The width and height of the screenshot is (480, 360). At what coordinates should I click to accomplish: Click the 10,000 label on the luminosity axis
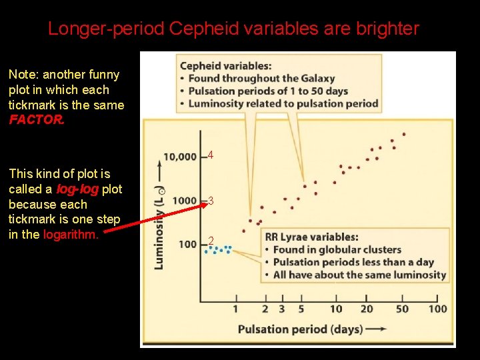click(x=180, y=157)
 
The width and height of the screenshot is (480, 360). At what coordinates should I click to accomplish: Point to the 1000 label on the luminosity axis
click(x=184, y=201)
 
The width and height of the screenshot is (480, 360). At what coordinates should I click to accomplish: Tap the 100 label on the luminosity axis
click(x=187, y=244)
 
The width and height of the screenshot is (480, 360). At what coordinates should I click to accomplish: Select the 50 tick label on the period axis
click(x=402, y=309)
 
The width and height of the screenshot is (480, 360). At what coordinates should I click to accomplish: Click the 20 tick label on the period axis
click(x=367, y=309)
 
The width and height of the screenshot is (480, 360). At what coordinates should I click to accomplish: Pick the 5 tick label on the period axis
click(x=301, y=309)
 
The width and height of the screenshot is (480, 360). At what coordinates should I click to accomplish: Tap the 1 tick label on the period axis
click(x=235, y=309)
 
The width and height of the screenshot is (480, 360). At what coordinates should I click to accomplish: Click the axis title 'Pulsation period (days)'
click(x=300, y=329)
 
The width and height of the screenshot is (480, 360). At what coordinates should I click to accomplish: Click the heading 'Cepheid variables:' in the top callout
click(x=225, y=65)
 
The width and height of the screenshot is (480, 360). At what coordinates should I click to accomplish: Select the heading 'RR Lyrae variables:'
click(x=312, y=237)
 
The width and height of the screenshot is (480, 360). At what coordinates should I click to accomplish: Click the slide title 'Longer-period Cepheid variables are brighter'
click(x=233, y=29)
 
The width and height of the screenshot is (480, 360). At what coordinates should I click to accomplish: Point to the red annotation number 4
click(x=211, y=155)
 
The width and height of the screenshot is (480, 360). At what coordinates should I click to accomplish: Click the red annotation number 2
click(x=211, y=241)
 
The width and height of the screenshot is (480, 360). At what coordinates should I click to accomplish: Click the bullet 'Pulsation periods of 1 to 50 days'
click(x=268, y=91)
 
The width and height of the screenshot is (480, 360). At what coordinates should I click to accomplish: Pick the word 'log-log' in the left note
click(x=77, y=189)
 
